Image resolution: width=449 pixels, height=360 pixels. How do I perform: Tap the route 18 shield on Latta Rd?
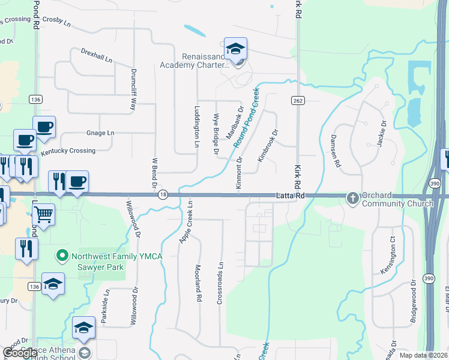pos(163,194)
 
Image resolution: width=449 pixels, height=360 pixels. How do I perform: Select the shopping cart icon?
pos(43,213)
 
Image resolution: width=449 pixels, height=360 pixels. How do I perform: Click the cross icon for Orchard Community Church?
pos(352,198)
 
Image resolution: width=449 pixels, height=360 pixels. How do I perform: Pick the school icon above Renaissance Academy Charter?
pos(236,49)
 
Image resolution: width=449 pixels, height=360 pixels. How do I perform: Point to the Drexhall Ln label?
pos(97,57)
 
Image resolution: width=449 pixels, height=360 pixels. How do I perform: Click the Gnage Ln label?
pos(100,133)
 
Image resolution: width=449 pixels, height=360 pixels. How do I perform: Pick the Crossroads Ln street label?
pos(220,282)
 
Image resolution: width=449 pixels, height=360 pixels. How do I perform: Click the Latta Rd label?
pos(291,196)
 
